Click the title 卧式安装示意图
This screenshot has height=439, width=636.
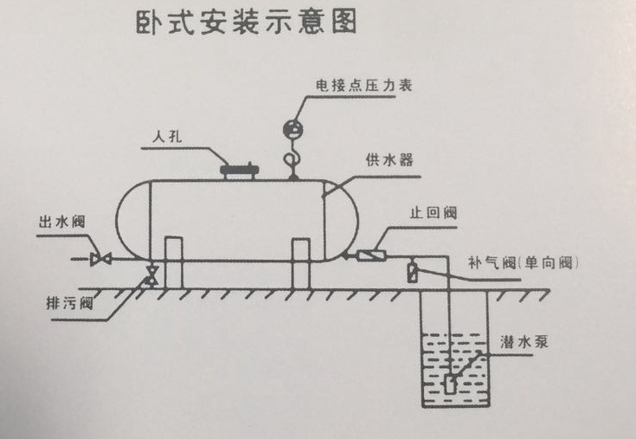(246, 23)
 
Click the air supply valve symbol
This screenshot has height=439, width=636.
(413, 272)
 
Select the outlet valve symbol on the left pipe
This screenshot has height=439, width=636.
(100, 258)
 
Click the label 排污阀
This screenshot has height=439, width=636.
(68, 304)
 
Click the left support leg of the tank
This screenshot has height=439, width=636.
(174, 261)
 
